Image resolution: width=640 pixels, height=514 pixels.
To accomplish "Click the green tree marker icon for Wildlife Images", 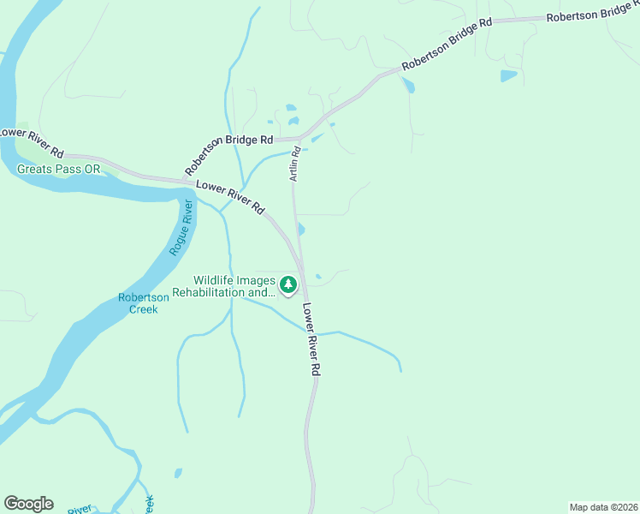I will point(289,284).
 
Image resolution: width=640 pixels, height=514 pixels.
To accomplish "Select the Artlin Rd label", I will point(293,162).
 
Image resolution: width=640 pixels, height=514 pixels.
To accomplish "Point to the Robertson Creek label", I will point(144,303).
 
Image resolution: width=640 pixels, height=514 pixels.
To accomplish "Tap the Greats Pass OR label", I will point(59,170).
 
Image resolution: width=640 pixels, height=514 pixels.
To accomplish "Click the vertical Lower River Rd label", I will point(311,342).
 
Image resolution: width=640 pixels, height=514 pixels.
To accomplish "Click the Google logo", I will point(28,504).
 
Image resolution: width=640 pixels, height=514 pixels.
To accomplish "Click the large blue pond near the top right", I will point(508,75).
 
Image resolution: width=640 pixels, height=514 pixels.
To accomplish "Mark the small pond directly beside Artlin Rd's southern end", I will point(300,229).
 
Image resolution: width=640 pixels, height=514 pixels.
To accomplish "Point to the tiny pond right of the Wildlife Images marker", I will point(318,276).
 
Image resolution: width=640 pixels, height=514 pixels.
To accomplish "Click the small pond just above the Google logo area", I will point(178,472).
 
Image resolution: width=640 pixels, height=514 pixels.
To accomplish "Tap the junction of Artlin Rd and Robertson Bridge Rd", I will point(299,138).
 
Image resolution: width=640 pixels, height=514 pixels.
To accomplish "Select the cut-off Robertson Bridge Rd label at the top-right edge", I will point(592,13).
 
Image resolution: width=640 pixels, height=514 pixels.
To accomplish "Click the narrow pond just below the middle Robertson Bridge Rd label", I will point(406,85).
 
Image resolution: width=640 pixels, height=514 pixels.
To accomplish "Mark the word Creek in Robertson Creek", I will point(144,309).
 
